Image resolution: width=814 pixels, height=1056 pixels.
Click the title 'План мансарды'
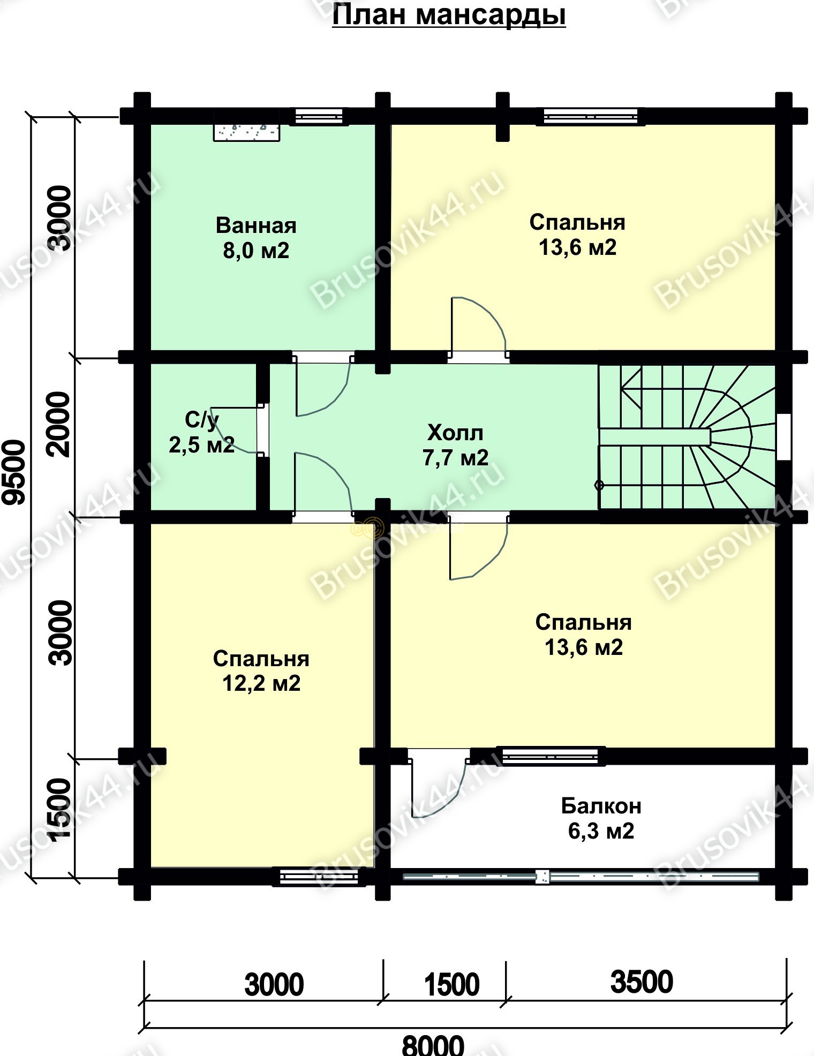449,15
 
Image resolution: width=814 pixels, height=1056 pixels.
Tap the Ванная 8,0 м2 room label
256,238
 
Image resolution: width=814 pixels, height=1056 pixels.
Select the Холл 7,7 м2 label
456,445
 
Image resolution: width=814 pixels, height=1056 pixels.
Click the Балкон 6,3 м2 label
601,819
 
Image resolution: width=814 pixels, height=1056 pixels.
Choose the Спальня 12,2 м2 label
261,671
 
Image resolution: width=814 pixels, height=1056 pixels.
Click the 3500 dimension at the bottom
642,982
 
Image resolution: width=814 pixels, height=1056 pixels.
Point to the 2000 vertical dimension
59,424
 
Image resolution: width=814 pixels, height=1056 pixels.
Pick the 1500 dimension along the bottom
451,984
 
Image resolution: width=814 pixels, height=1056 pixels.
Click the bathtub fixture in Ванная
247,132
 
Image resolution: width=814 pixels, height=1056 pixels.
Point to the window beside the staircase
783,436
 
